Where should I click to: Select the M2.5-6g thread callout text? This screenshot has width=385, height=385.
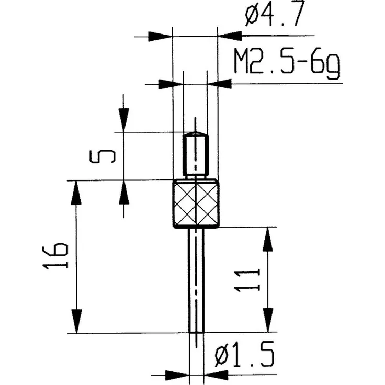point(286,65)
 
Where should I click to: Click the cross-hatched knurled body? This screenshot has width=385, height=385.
point(196,204)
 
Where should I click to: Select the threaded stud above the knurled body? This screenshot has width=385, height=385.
point(195,155)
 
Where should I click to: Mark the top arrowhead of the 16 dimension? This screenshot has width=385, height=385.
point(77,192)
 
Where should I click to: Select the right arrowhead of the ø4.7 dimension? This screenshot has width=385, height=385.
point(229,36)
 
